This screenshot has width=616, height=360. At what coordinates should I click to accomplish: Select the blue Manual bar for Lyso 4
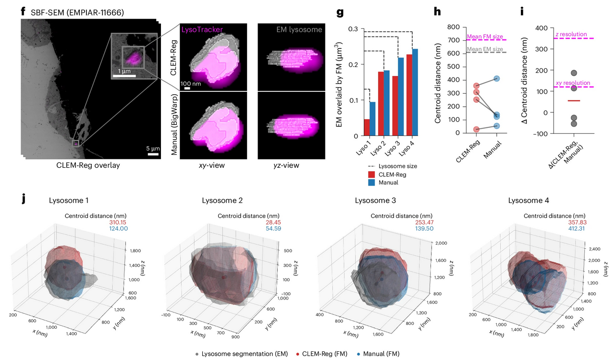pyautogui.click(x=416, y=91)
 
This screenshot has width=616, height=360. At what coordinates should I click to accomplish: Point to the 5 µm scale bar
pyautogui.click(x=153, y=154)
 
